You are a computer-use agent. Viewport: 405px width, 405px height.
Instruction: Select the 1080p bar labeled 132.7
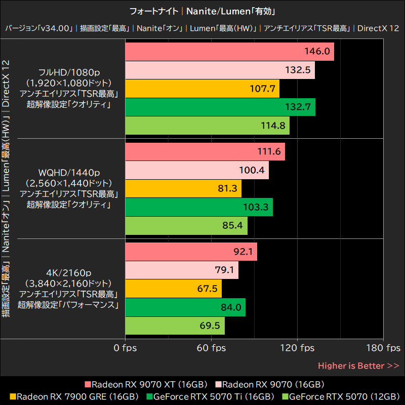pyautogui.click(x=220, y=107)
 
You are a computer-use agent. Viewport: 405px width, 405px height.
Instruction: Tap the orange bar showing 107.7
pyautogui.click(x=202, y=89)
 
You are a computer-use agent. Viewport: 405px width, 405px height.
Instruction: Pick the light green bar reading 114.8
pyautogui.click(x=207, y=126)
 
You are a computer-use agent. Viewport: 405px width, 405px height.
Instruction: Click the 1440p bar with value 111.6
pyautogui.click(x=205, y=152)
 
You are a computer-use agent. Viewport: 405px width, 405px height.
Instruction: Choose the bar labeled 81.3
pyautogui.click(x=183, y=188)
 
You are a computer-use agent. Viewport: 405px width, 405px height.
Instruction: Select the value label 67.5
pyautogui.click(x=207, y=289)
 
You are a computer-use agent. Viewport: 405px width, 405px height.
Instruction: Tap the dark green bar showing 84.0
pyautogui.click(x=185, y=307)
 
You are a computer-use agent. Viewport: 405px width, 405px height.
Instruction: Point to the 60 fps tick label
pyautogui.click(x=211, y=348)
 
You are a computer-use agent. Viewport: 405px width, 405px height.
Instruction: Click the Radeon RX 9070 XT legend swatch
pyautogui.click(x=88, y=384)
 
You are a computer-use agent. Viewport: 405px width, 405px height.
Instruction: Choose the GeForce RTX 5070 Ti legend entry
pyautogui.click(x=211, y=396)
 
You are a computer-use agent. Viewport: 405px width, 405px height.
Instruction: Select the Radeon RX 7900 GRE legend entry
pyautogui.click(x=74, y=396)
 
